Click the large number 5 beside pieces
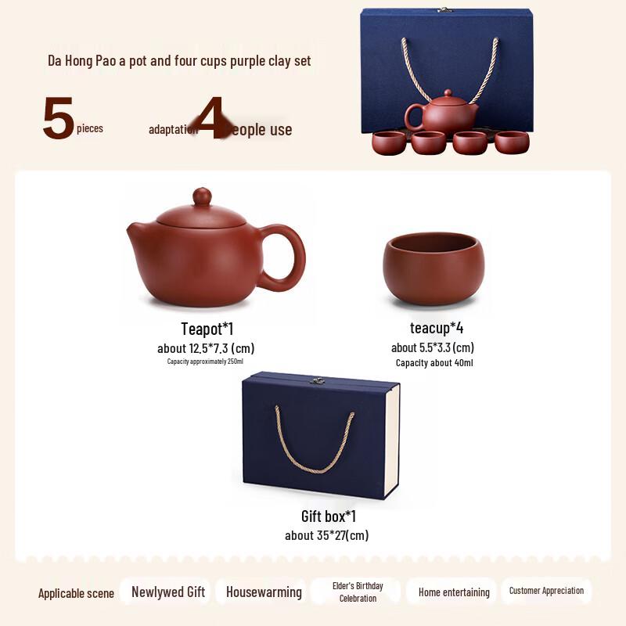[x=58, y=119]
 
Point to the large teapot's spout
[x=139, y=233]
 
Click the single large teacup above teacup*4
[x=434, y=268]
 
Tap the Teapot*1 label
[x=207, y=329]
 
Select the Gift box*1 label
[x=329, y=516]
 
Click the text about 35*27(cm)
[x=326, y=536]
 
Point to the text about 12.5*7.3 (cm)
[x=206, y=348]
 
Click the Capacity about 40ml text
[x=434, y=363]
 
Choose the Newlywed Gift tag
[x=167, y=592]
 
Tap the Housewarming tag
[x=264, y=592]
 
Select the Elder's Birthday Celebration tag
[x=358, y=592]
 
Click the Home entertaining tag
[x=454, y=592]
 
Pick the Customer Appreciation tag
[x=546, y=591]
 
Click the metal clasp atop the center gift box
[x=318, y=380]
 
